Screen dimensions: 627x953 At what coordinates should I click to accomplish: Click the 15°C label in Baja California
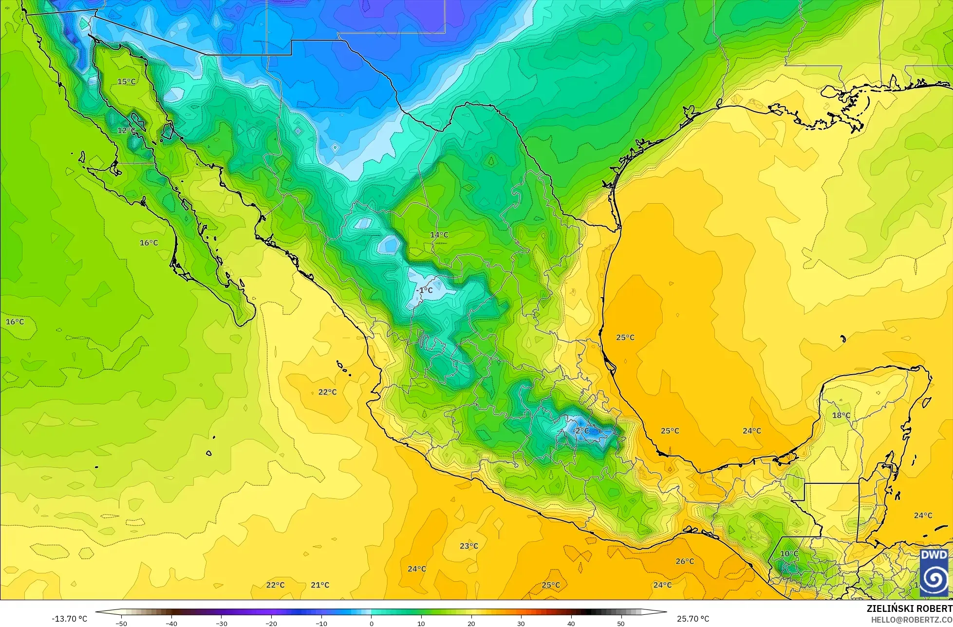tap(126, 81)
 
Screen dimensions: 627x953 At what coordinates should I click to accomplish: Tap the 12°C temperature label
tap(126, 131)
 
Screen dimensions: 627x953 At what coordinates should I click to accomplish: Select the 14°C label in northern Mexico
tap(439, 235)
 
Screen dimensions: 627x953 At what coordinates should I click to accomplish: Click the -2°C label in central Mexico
tap(580, 431)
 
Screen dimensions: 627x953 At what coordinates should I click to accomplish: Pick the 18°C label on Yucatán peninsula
tap(841, 416)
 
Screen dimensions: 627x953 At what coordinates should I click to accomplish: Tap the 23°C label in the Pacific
tap(468, 546)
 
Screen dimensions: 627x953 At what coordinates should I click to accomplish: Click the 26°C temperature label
tap(684, 561)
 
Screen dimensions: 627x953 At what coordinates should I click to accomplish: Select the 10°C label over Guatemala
tap(789, 554)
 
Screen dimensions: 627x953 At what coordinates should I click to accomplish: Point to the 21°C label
tap(320, 585)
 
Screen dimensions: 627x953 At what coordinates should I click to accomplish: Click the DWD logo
tap(934, 573)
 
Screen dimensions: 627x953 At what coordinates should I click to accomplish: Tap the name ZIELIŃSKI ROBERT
tap(909, 609)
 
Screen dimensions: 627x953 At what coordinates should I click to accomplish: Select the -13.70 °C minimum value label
tap(70, 619)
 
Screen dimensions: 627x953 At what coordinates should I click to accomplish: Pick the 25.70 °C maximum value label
tap(692, 619)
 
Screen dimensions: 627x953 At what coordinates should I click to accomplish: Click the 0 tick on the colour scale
tap(371, 624)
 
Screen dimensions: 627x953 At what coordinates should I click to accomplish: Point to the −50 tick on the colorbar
tap(121, 624)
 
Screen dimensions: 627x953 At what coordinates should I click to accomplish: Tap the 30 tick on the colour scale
tap(521, 624)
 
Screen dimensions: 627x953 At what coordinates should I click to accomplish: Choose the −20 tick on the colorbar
tap(271, 624)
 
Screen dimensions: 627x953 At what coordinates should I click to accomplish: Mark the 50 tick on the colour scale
tap(621, 624)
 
